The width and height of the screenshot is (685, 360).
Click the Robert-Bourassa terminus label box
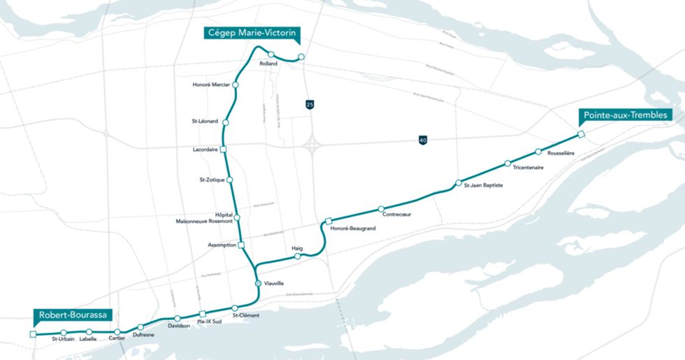(x=75, y=315)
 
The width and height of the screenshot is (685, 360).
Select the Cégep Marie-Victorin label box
(x=251, y=32)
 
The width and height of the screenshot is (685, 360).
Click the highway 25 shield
(x=310, y=104)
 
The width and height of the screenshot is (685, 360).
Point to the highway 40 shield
(x=423, y=141)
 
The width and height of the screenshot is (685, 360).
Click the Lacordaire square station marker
(x=224, y=150)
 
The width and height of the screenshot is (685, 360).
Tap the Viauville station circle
(x=259, y=283)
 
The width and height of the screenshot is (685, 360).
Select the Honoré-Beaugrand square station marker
(x=328, y=222)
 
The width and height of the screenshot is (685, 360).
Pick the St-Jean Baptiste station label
(x=483, y=185)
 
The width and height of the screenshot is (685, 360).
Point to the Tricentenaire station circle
(x=508, y=164)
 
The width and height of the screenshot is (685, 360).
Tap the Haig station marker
(x=297, y=257)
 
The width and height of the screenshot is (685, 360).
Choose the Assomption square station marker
(x=241, y=245)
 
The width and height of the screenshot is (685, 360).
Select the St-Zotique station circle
(x=230, y=180)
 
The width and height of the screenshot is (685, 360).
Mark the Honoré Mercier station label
(x=210, y=85)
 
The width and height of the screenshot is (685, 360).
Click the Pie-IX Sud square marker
(x=202, y=314)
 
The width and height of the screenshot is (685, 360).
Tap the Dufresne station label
(x=143, y=335)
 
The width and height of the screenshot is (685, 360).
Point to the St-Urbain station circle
(x=64, y=332)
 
